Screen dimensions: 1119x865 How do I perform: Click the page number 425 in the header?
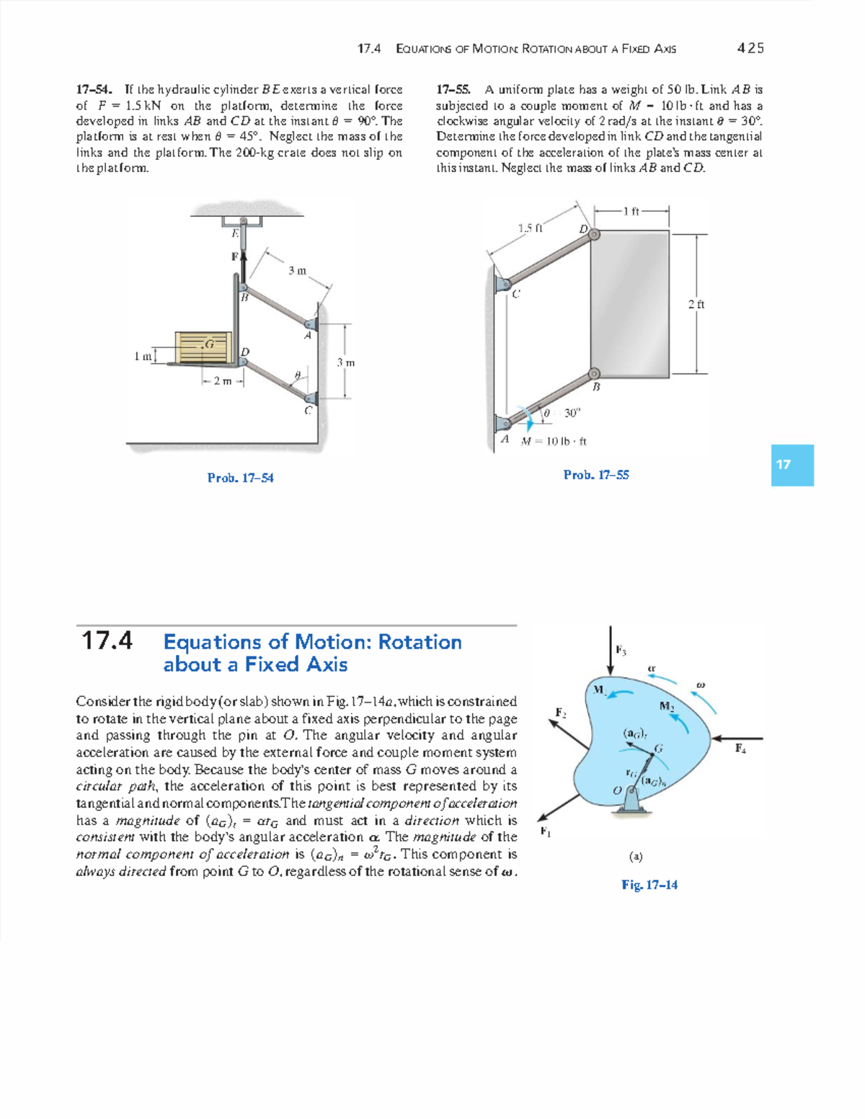coord(750,48)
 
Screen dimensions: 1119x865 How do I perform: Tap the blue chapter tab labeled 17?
coord(791,465)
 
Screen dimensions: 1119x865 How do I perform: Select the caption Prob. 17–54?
coord(240,478)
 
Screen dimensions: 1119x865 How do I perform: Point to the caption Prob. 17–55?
coord(596,475)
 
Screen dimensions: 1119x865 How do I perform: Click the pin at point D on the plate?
coord(594,234)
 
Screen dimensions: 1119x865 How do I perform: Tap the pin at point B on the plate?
coord(594,373)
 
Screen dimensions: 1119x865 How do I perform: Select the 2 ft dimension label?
coord(696,304)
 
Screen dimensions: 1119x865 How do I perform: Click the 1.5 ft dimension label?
coord(530,228)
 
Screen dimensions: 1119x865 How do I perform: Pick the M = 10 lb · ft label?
coord(554,441)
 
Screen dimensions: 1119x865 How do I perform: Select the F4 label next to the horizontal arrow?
coord(740,749)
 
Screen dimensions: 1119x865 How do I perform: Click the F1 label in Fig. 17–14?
coord(546,832)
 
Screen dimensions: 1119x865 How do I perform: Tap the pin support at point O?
coord(631,798)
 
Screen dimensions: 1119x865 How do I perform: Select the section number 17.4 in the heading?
coord(107,641)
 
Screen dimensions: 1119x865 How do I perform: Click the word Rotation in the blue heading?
coord(420,642)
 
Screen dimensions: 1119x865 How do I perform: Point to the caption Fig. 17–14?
coord(649,885)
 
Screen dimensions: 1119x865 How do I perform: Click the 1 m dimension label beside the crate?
coord(143,355)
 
